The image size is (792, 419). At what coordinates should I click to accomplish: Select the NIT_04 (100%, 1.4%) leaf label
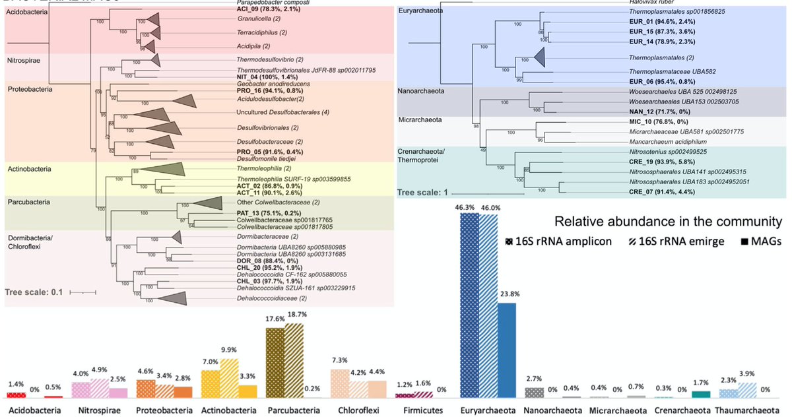click(x=271, y=78)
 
